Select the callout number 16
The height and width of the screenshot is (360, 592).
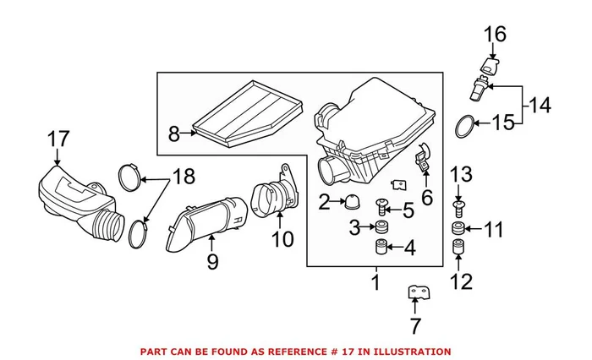494,34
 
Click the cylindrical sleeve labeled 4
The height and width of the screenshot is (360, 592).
381,249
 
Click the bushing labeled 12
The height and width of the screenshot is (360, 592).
458,248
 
